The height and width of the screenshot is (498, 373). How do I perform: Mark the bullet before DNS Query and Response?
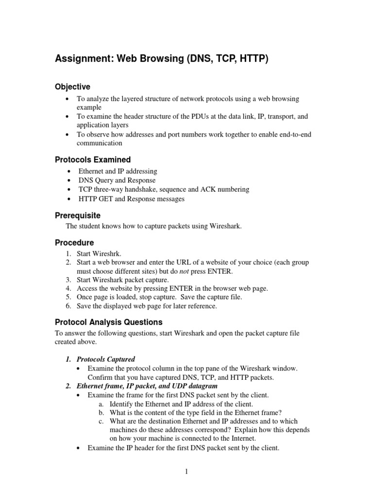tap(70, 180)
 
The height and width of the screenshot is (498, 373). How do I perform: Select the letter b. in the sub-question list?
tap(101, 413)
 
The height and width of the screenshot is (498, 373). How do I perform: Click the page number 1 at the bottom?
tap(186, 471)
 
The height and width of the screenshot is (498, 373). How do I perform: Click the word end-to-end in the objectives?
tap(291, 135)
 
